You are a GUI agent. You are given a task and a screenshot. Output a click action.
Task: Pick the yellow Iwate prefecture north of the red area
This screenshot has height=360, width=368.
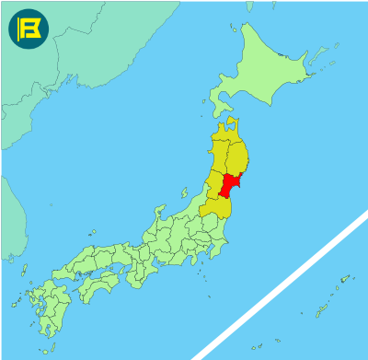238,158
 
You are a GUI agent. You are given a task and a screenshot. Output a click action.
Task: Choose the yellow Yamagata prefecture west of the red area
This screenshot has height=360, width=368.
214,187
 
